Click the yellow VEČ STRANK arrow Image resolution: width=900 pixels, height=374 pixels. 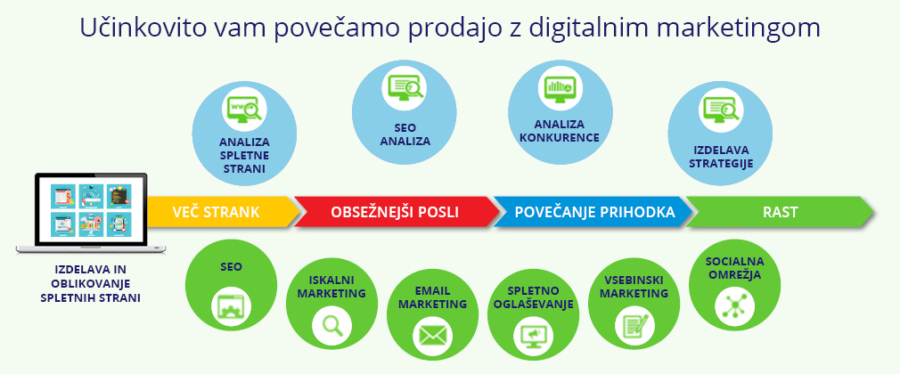pyautogui.click(x=218, y=212)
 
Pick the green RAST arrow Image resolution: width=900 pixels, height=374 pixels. pyautogui.click(x=779, y=212)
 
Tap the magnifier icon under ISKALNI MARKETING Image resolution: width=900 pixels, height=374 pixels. pyautogui.click(x=331, y=325)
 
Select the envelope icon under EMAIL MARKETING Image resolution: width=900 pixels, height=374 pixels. pyautogui.click(x=432, y=336)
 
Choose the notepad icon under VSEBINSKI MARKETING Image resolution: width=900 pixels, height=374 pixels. pyautogui.click(x=634, y=324)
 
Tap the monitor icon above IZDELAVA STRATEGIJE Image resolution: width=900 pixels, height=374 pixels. pyautogui.click(x=721, y=110)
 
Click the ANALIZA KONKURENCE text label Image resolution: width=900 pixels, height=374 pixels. pyautogui.click(x=559, y=131)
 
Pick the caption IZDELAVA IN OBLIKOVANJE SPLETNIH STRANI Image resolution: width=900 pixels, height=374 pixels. pyautogui.click(x=90, y=282)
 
